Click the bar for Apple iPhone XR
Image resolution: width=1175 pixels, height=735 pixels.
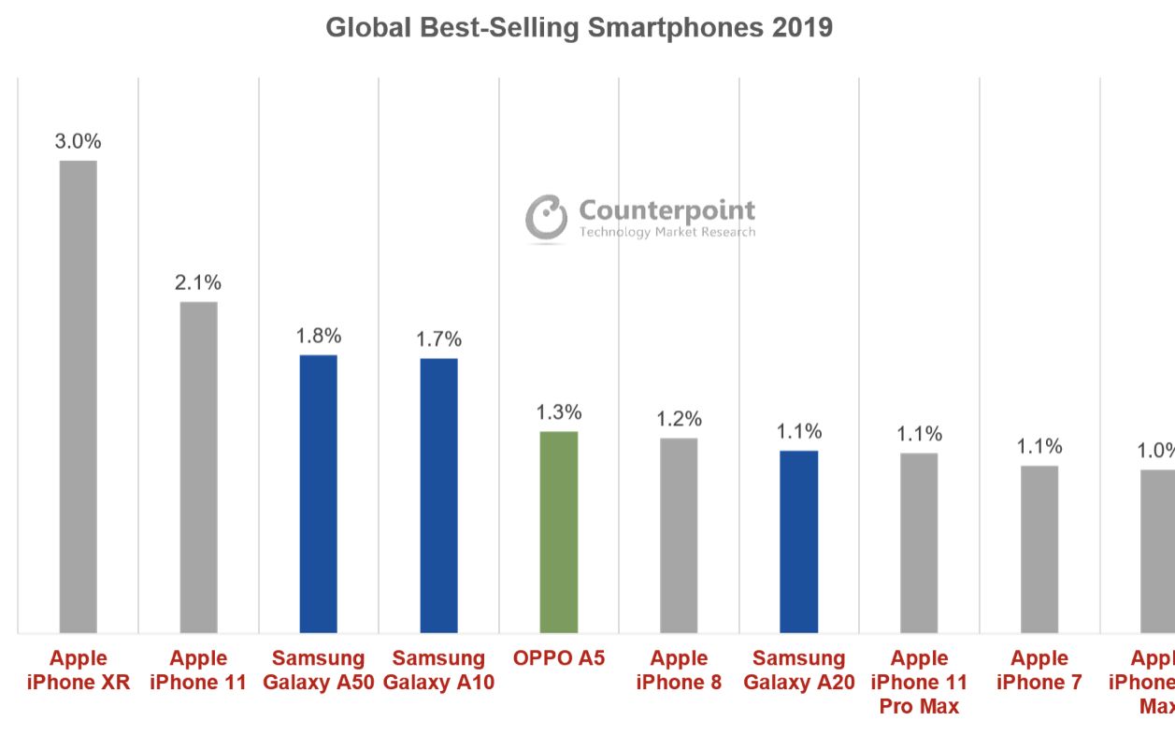tap(79, 396)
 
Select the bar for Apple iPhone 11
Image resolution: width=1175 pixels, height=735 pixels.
tap(198, 467)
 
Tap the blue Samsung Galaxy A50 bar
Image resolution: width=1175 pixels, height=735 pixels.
tap(318, 494)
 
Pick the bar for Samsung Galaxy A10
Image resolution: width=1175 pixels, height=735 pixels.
tap(438, 496)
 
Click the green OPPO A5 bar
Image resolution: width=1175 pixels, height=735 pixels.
tap(559, 532)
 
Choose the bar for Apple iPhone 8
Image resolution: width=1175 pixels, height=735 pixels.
tap(679, 535)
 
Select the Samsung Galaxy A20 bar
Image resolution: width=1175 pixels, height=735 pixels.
tap(799, 541)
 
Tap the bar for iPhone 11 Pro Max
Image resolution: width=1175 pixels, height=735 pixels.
tap(919, 542)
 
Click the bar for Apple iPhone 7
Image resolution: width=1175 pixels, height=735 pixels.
tap(1039, 549)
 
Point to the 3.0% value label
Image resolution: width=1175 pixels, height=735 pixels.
tap(79, 142)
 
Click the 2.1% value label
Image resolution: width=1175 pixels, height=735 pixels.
tap(198, 282)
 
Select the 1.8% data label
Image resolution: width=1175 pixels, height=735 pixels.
tap(319, 336)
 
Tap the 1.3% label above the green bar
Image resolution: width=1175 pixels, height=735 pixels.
tap(559, 412)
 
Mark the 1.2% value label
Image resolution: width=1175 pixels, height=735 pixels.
tap(679, 419)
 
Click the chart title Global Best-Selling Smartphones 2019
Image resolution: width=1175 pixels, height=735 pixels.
tap(579, 28)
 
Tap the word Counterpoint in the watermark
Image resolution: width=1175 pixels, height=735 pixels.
tap(666, 209)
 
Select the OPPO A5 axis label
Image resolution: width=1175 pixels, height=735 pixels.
tap(559, 658)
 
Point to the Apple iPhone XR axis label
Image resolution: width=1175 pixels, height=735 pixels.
tap(79, 670)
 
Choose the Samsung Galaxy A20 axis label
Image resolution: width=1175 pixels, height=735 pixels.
tap(799, 670)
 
